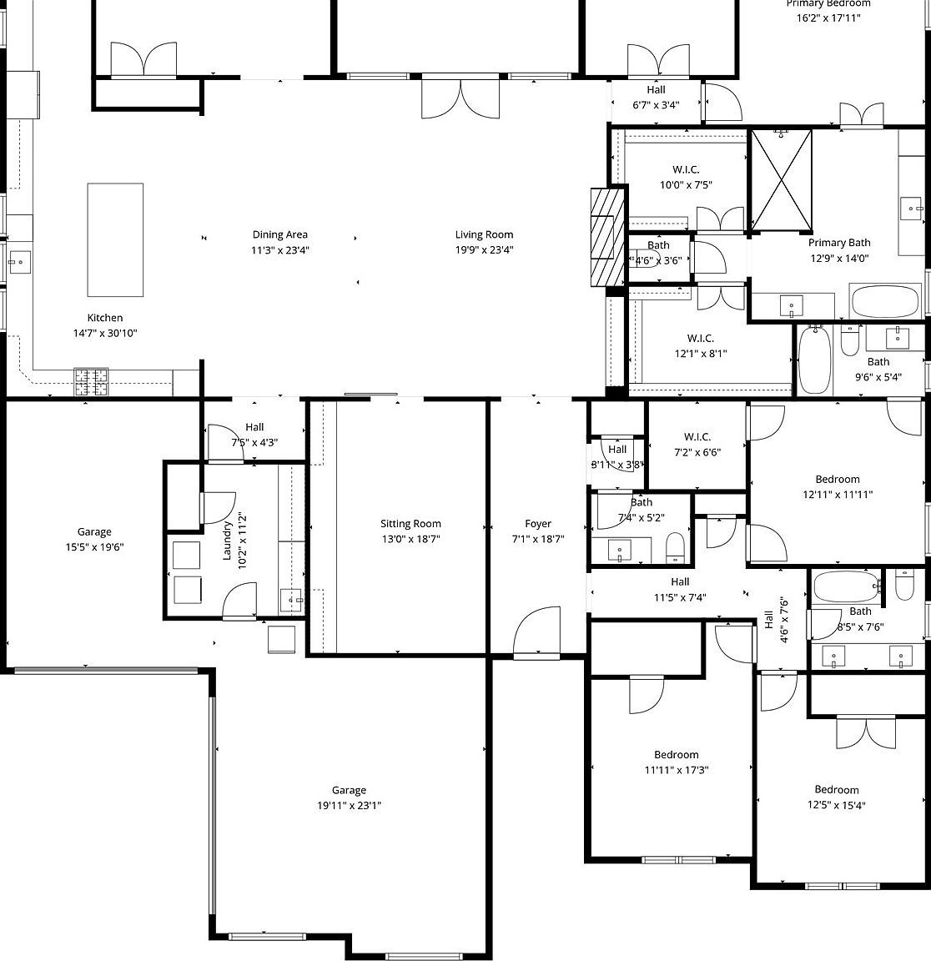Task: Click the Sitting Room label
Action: tap(410, 524)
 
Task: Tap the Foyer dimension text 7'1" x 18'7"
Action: tap(537, 540)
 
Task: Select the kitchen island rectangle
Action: tap(115, 240)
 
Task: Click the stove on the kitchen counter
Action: tap(91, 381)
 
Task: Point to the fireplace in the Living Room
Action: tap(607, 237)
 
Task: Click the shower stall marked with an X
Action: tap(782, 180)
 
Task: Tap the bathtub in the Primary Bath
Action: tap(884, 301)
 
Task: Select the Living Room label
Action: tap(484, 234)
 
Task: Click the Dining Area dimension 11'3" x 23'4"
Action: tap(280, 250)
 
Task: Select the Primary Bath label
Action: tap(838, 243)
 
